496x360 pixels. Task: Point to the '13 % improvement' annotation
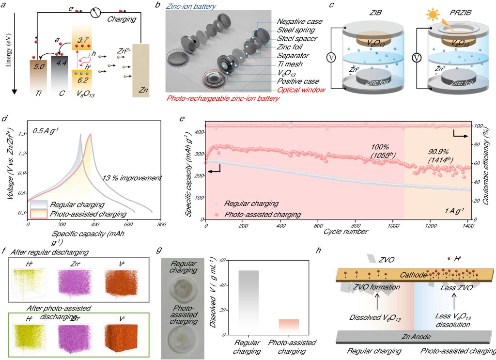[x=132, y=178]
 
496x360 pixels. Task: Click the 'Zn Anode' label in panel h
[x=416, y=335]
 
